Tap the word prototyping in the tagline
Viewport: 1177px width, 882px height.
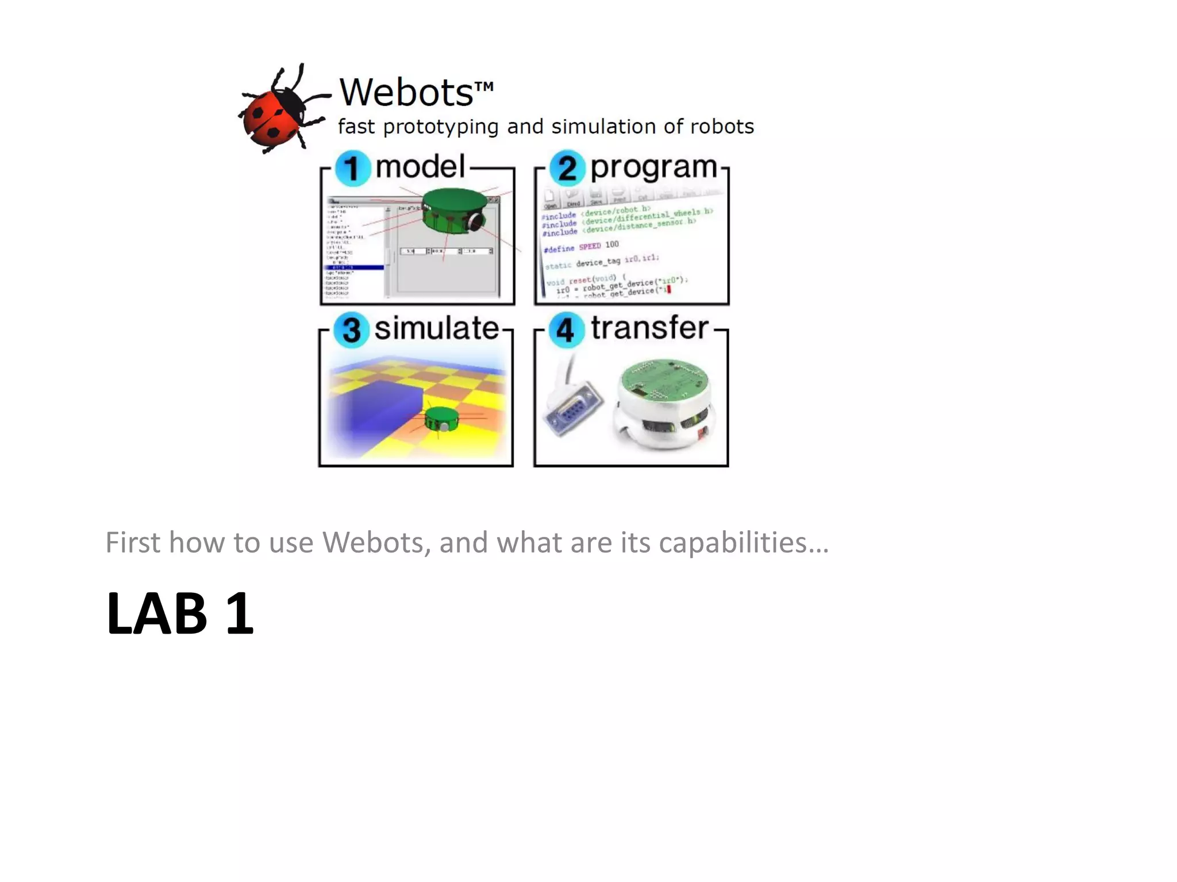441,127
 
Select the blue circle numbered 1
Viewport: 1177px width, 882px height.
352,168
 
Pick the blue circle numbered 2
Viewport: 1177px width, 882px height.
567,168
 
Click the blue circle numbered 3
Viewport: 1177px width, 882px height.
351,330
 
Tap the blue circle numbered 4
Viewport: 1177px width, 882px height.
566,330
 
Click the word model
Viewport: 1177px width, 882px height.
420,167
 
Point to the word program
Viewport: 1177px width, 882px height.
653,168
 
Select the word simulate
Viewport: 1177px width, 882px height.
436,328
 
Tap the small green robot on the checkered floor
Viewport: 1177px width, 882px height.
441,418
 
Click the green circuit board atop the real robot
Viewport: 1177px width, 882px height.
664,379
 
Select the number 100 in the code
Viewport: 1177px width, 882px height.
611,244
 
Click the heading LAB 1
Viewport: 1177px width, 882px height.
179,614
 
